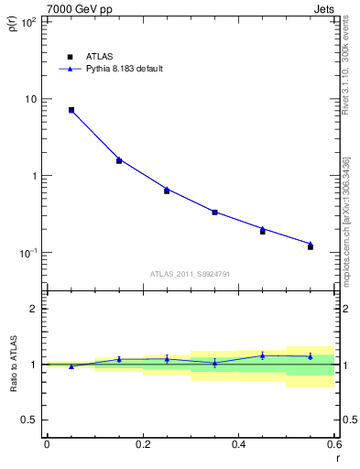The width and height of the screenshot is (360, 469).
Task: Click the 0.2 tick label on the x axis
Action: (x=142, y=444)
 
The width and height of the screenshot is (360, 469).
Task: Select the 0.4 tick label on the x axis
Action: (x=238, y=444)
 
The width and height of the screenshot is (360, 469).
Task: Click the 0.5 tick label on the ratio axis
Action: (x=29, y=420)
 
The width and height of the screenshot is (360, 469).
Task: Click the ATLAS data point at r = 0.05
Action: (x=71, y=110)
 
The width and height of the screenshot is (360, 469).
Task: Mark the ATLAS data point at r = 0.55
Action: (x=311, y=246)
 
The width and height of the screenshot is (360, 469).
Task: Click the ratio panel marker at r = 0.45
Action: (x=262, y=355)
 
